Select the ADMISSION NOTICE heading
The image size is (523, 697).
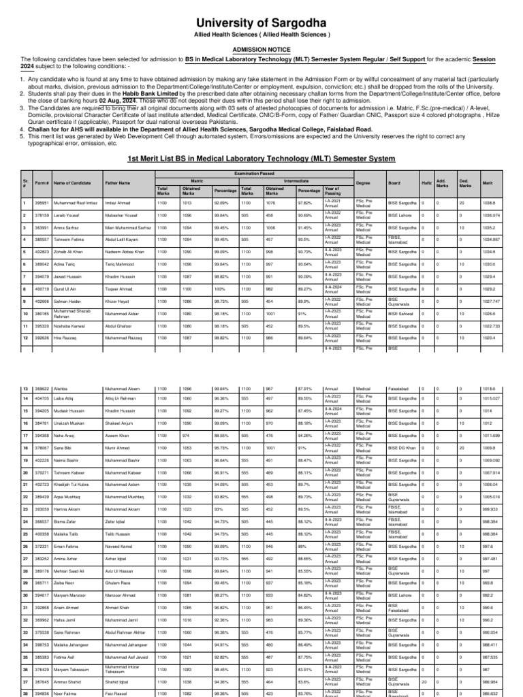point(261,50)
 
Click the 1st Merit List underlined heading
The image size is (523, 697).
point(261,158)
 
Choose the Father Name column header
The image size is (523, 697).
point(117,183)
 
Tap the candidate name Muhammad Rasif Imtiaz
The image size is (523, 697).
point(58,202)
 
